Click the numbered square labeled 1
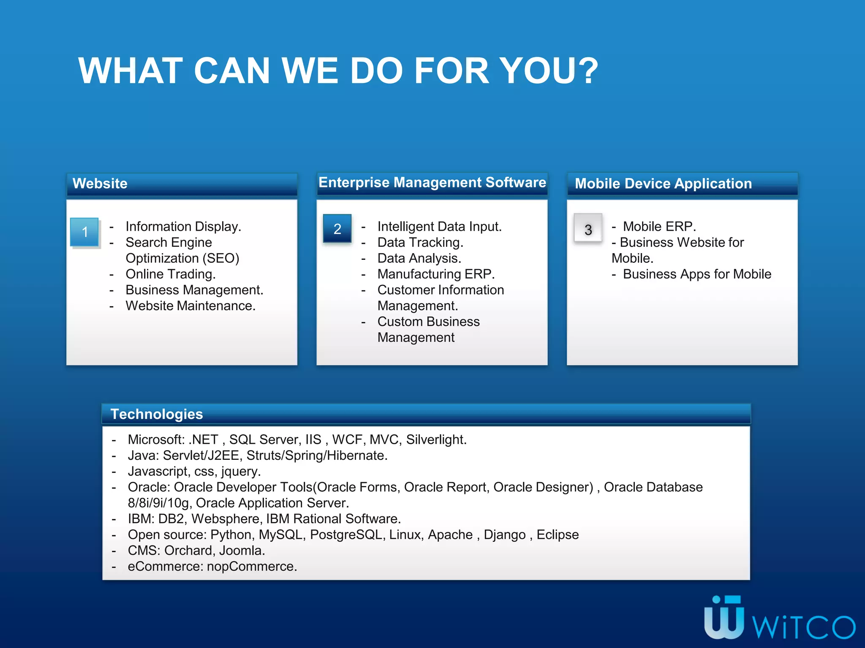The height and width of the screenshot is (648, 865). pos(84,232)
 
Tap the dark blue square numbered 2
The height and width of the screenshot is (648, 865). pos(337,229)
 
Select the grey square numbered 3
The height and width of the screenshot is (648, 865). pos(588,229)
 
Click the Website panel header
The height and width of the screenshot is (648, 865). pos(100,184)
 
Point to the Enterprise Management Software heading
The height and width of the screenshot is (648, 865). pos(432,182)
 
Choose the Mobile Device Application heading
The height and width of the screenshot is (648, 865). pos(663,184)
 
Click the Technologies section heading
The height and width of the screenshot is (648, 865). pos(157,414)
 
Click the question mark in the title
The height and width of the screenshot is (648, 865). pos(586,70)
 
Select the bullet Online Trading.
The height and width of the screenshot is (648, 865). pos(171,274)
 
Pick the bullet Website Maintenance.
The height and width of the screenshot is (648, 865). pos(190,306)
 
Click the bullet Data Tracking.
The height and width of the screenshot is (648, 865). pos(420,243)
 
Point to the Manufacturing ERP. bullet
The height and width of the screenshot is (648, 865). pos(436,274)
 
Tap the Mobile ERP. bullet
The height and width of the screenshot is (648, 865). pos(659,227)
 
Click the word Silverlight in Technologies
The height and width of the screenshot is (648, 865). pos(435,440)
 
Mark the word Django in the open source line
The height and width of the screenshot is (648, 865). pos(504,535)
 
